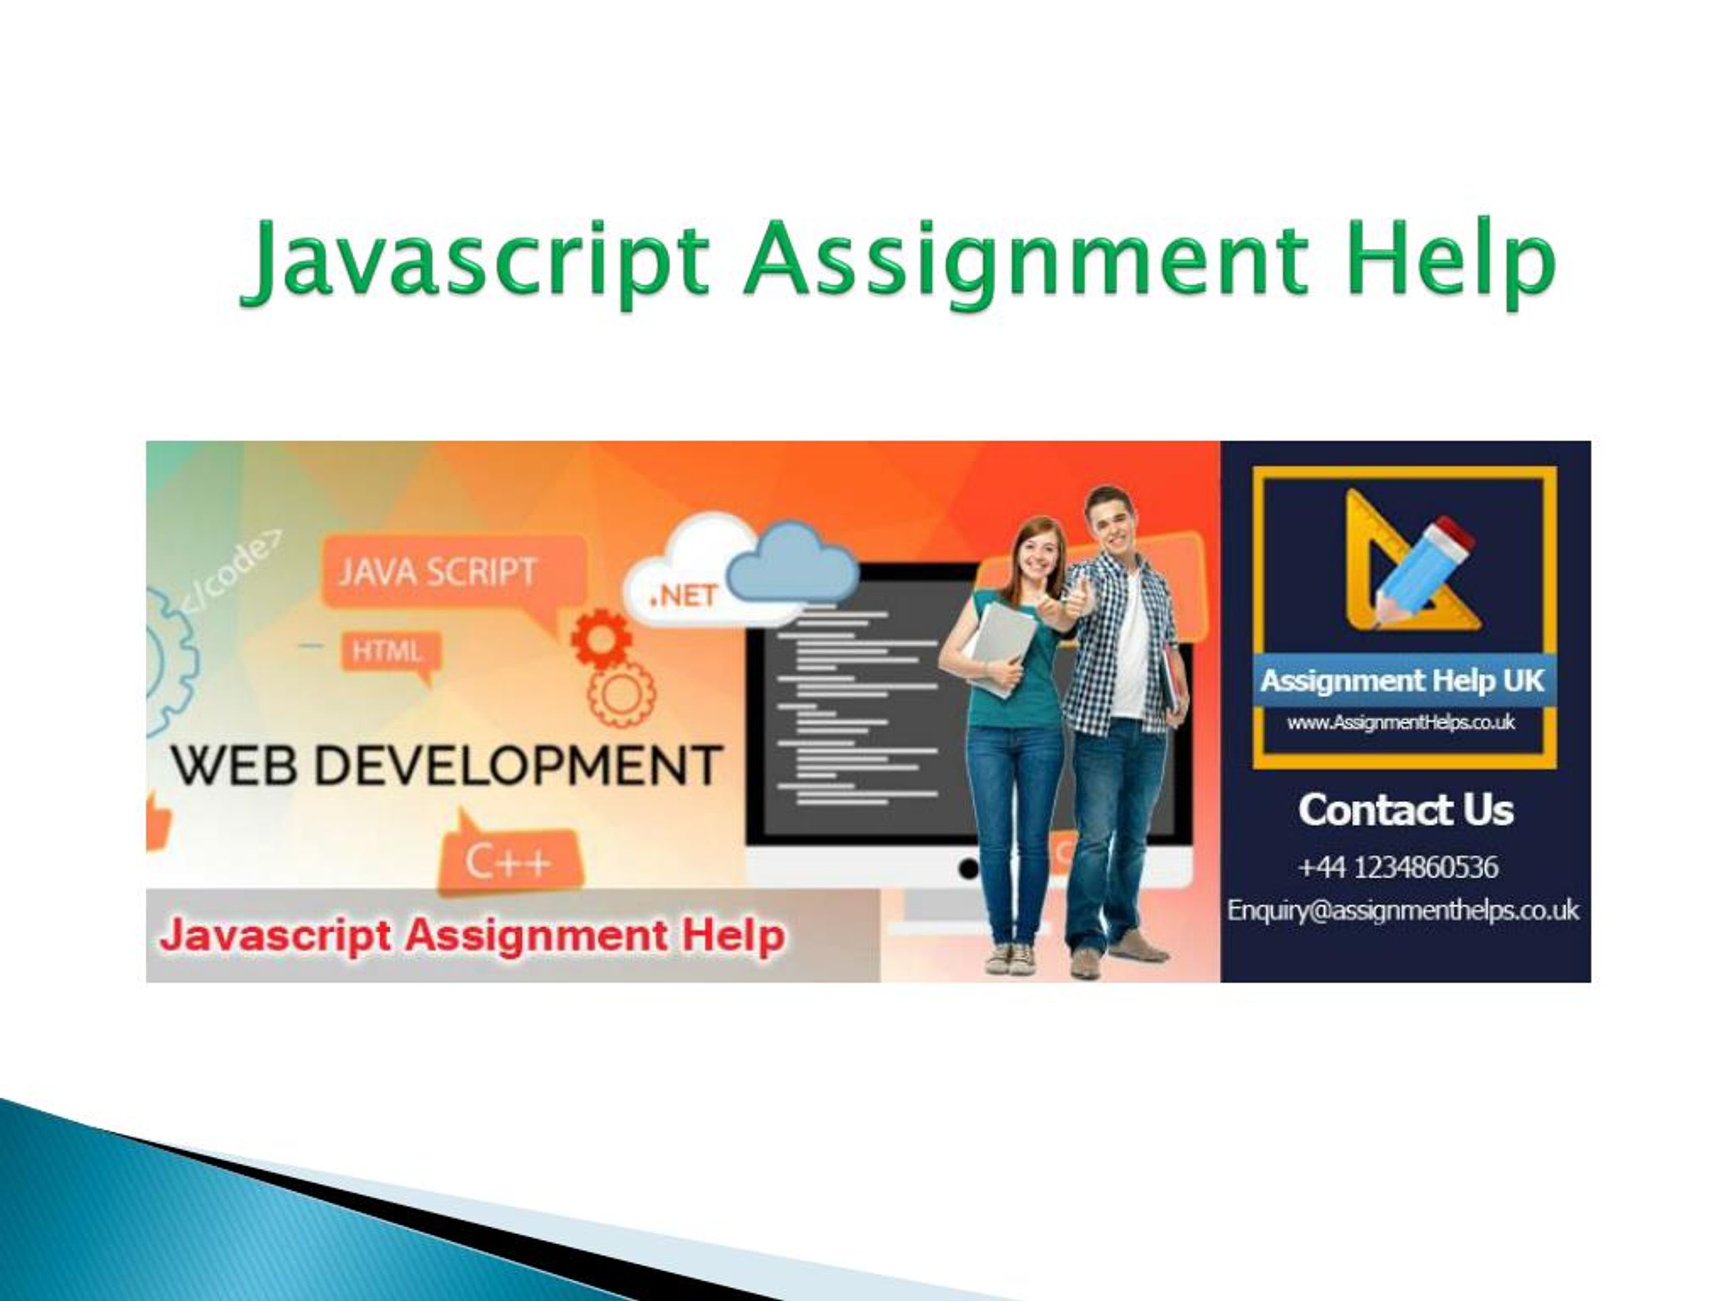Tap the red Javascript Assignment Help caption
pos(472,936)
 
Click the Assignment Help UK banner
pos(1403,680)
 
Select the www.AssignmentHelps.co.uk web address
pos(1401,722)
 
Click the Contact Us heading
pos(1406,810)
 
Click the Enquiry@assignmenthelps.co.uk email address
pos(1403,911)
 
